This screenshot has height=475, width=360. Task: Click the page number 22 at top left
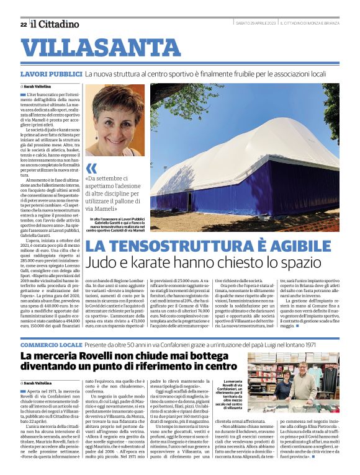point(23,24)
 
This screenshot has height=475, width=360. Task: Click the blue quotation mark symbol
point(92,168)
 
